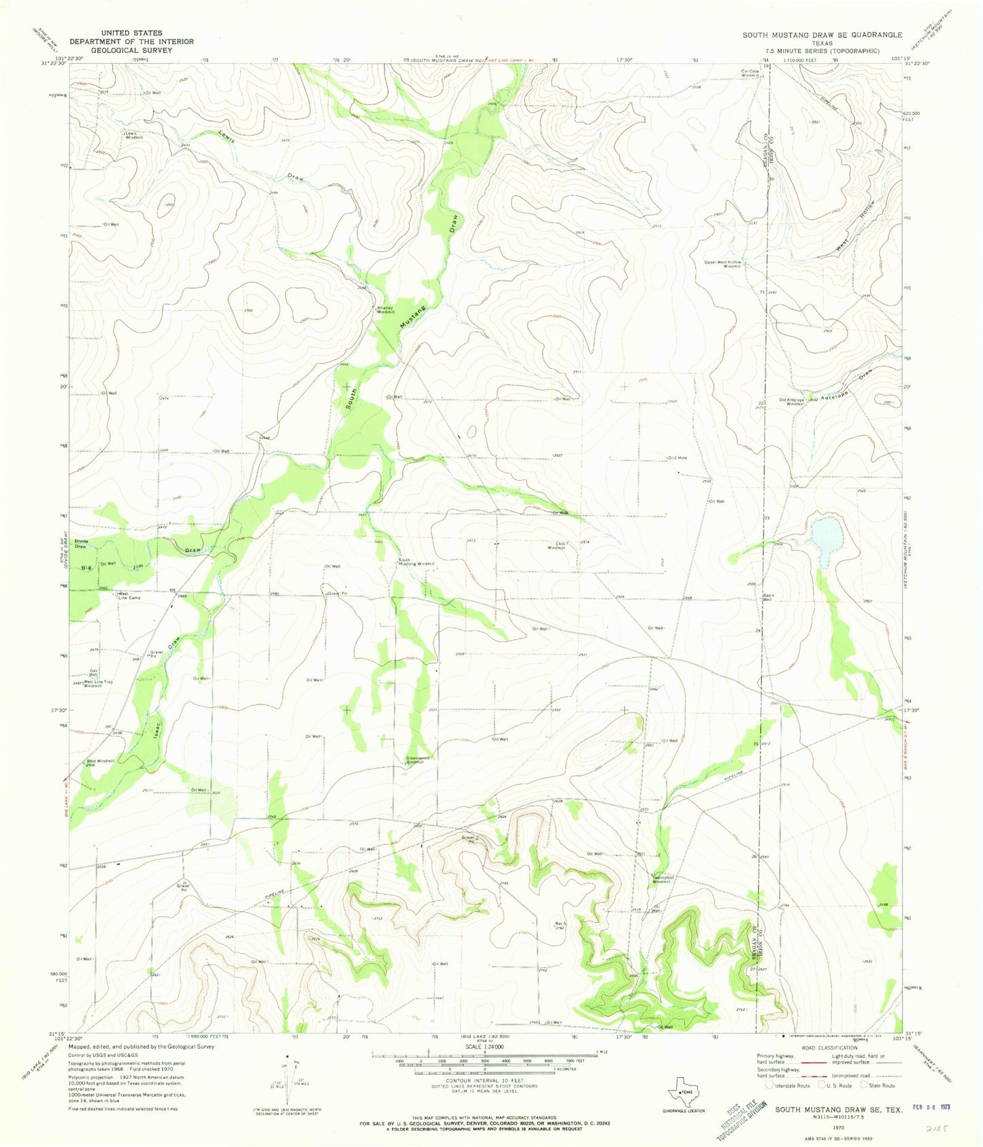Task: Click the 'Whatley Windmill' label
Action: [x=386, y=309]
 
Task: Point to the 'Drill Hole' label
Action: [x=678, y=458]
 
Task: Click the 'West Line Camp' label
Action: [x=129, y=596]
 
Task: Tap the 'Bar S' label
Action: [x=561, y=923]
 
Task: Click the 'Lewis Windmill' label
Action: [x=134, y=135]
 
